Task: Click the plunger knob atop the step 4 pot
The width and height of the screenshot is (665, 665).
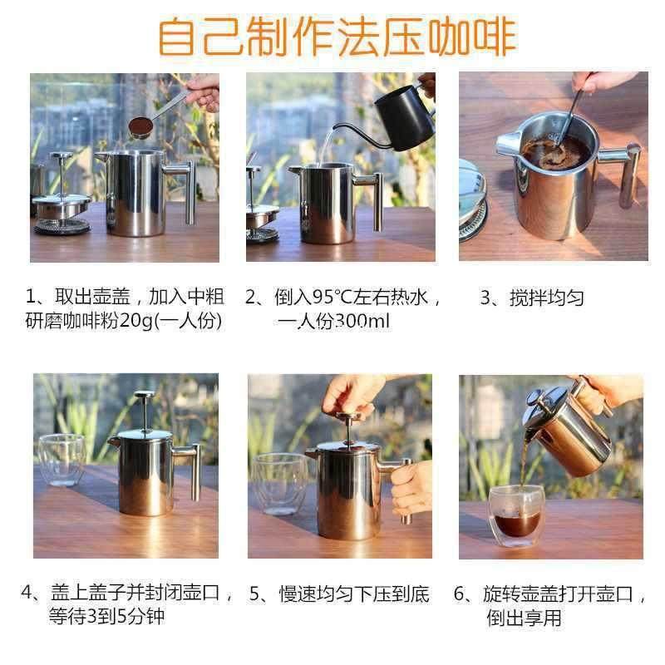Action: (142, 400)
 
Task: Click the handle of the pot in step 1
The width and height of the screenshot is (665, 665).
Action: (188, 187)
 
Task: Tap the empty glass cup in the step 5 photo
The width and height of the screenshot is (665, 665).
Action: (276, 482)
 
